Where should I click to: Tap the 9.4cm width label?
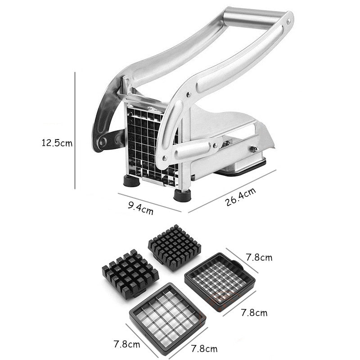click(141, 208)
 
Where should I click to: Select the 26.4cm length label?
click(241, 197)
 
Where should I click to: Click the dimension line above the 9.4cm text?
click(148, 201)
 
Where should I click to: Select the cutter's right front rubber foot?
click(182, 196)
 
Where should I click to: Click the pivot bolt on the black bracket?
click(103, 142)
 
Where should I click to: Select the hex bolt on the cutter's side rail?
click(254, 149)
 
